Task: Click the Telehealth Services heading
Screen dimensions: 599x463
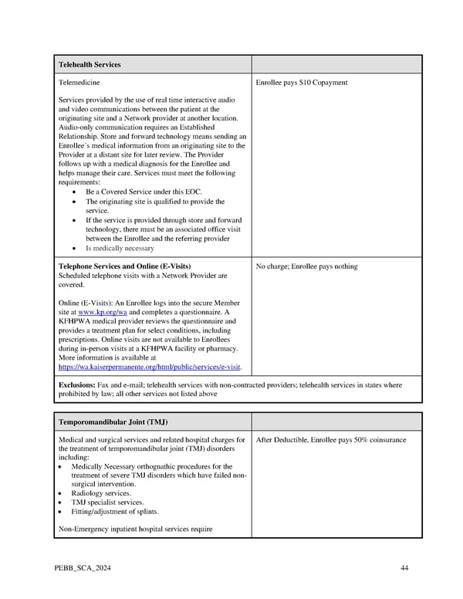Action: pos(90,64)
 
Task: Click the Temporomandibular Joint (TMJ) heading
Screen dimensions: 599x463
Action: pos(113,421)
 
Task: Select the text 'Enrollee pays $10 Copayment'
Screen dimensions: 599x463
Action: pos(301,83)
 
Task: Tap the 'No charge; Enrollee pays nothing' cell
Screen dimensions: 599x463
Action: pos(306,266)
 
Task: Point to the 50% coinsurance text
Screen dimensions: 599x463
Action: pos(378,440)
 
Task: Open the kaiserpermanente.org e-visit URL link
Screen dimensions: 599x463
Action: pos(150,367)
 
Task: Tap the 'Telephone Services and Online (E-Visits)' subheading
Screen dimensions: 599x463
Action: pos(124,266)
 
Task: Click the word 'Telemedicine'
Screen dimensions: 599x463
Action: pos(79,83)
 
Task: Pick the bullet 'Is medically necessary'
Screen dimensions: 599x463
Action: pos(120,249)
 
